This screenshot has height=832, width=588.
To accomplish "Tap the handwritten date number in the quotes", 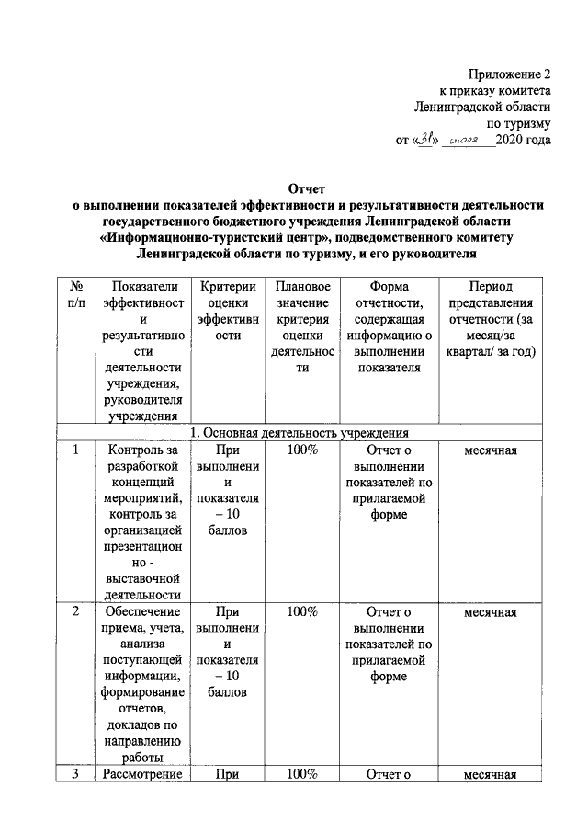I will [x=424, y=140].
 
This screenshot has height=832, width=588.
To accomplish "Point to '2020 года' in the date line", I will [x=523, y=141].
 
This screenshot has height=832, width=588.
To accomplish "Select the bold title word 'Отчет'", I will [x=308, y=188].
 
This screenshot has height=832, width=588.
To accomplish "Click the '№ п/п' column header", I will [x=77, y=295].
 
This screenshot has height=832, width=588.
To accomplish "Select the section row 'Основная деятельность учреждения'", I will [x=299, y=432].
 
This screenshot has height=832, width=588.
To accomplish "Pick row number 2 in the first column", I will [x=77, y=611].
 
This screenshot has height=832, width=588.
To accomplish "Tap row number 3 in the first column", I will [x=77, y=773].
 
